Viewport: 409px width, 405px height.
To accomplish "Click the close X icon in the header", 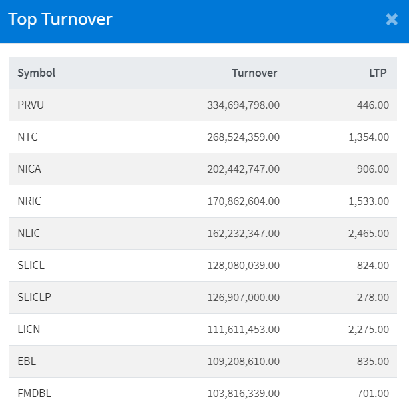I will coord(392,19).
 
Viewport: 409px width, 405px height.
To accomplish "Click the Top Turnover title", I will coord(60,19).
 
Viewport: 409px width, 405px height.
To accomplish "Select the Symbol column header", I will coord(37,73).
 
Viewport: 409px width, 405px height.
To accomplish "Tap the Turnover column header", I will coord(254,73).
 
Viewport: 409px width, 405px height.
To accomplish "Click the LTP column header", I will coord(378,73).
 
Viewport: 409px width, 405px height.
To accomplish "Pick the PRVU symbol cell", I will coord(31,105).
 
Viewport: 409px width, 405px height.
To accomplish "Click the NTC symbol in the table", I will coord(28,137).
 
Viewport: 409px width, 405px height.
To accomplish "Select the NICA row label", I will coord(29,169).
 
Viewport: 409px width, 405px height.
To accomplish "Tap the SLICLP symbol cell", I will coord(35,297).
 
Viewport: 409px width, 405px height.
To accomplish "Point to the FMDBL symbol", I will coord(35,393).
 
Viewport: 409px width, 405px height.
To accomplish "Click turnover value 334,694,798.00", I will coord(244,105).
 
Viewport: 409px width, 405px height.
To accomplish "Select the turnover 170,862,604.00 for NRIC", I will coord(244,201).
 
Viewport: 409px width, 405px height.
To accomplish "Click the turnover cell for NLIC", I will coord(244,233).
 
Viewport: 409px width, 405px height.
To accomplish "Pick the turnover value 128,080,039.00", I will coord(244,265).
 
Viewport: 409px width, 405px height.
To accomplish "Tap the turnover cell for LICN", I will coord(244,329).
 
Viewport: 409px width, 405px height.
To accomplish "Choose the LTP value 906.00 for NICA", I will coord(373,169).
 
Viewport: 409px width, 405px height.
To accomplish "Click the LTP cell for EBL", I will coord(373,361).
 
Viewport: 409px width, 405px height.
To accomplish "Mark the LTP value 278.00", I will coord(373,297).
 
